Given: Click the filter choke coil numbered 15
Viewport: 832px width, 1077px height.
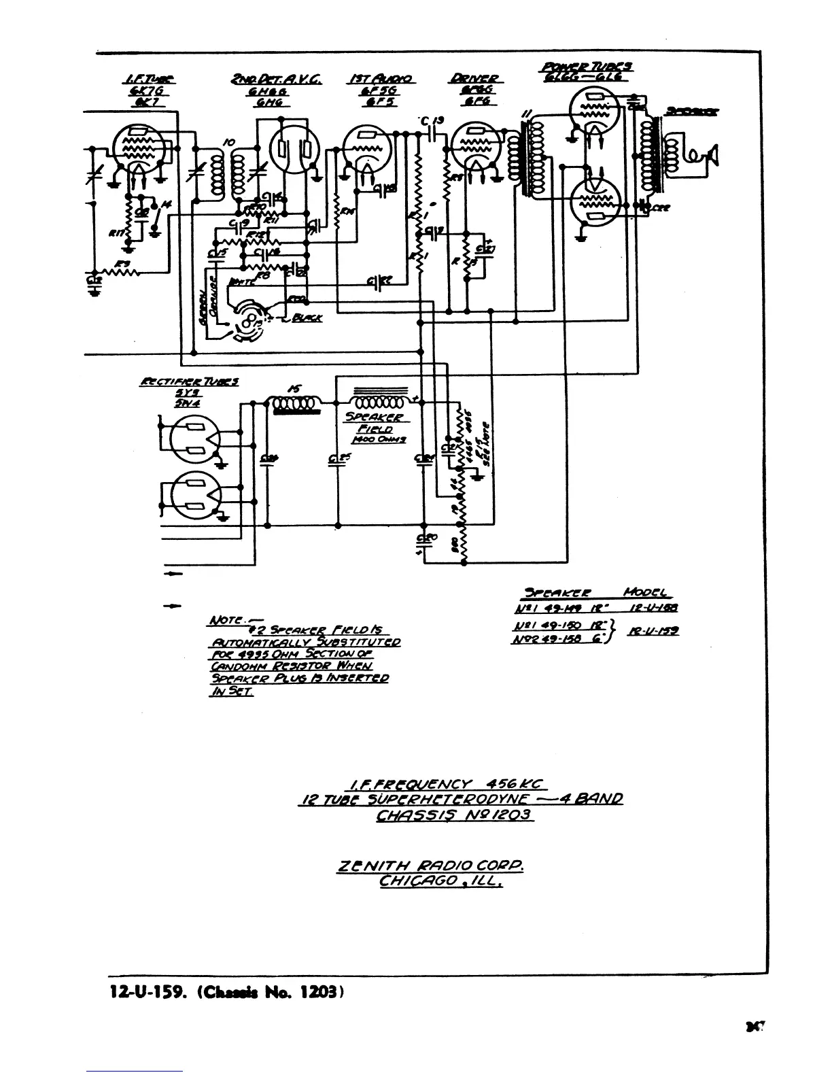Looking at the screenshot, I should [x=293, y=405].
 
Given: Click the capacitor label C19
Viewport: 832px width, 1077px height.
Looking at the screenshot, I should [x=432, y=121].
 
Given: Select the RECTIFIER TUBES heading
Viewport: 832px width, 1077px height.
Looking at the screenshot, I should [x=188, y=382].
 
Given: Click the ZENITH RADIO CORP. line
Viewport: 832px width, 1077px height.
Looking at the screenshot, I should [x=430, y=867].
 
